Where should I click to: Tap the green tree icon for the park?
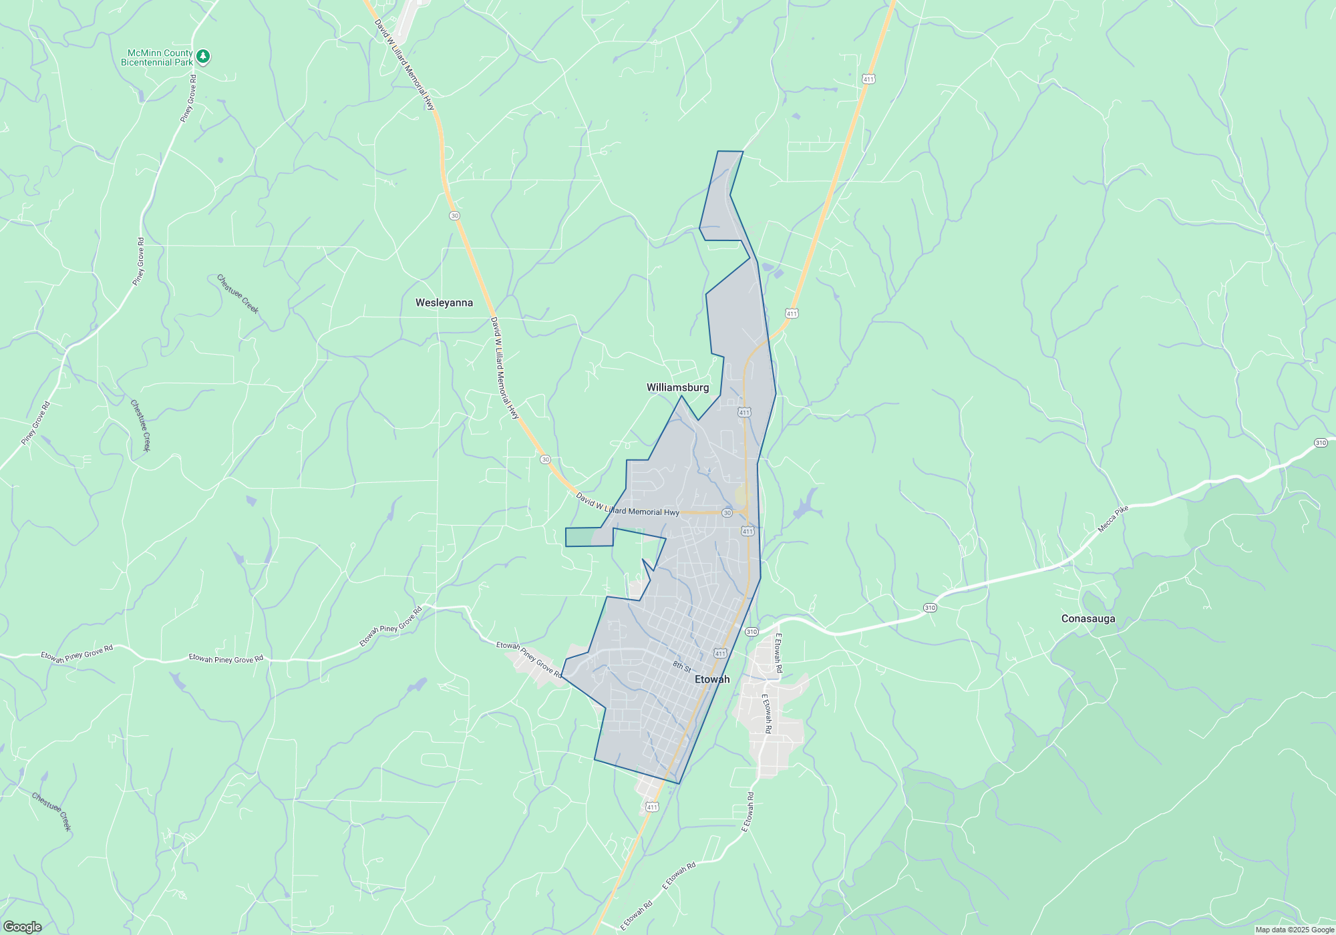coord(204,57)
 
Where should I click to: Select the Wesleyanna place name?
coord(444,303)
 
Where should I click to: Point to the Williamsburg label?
coord(677,387)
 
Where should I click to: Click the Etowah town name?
coord(712,679)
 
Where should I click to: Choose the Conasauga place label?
coord(1088,618)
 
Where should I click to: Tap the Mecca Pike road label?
coord(1112,519)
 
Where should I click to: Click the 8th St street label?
coord(681,666)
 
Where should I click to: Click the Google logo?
coord(23,926)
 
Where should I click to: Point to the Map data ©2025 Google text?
coord(1294,930)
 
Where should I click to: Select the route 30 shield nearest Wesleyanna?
coord(455,216)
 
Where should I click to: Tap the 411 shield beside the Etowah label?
coord(720,654)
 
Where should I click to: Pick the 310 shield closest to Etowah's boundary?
coord(751,632)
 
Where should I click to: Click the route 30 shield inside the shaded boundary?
coord(727,513)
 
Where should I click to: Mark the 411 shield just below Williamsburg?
coord(744,413)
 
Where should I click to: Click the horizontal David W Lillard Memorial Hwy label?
coord(628,509)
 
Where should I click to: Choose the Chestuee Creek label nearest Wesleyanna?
coord(238,294)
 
